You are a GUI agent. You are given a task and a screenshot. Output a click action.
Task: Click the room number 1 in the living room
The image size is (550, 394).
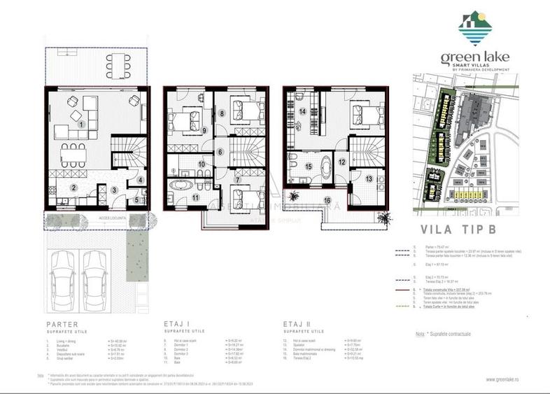point(82,125)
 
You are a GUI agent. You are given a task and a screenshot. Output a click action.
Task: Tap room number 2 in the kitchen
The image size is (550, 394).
point(72,188)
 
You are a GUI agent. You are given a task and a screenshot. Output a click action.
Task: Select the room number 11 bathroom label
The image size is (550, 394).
point(197,198)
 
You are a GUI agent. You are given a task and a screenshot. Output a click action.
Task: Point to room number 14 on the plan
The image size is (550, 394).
point(303,112)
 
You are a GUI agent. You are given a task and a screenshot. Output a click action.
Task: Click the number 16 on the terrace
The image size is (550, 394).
point(327,201)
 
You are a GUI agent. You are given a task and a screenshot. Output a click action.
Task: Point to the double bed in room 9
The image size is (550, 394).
point(188,120)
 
